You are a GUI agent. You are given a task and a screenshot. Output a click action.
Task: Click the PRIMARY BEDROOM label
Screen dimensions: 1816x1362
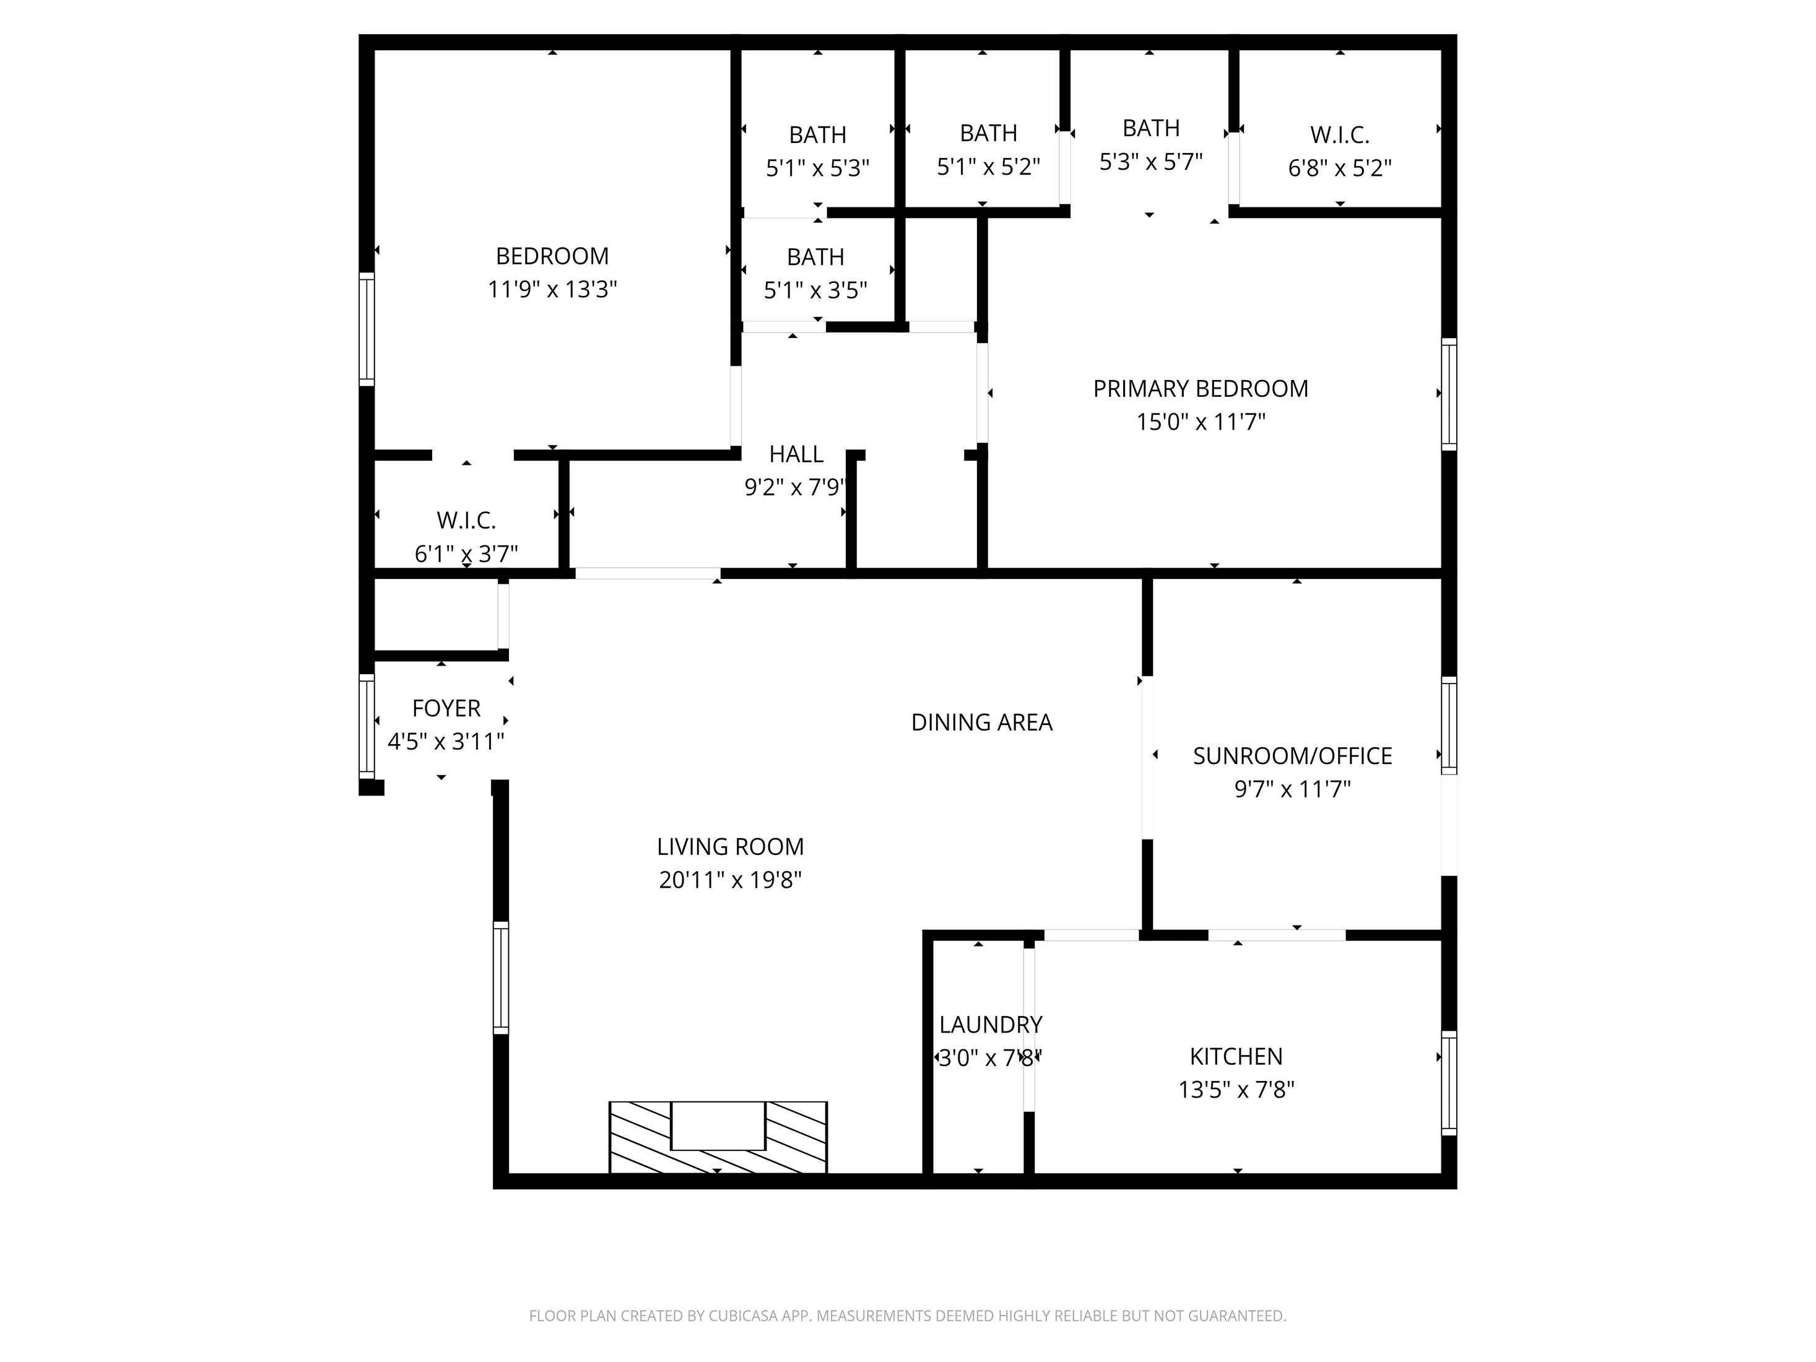(1201, 388)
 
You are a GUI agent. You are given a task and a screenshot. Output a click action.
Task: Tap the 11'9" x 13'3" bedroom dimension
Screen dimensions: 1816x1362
(552, 290)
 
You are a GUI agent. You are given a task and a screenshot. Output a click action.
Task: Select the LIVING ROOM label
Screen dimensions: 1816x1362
(730, 846)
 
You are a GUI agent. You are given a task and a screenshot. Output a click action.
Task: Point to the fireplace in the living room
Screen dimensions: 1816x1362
(718, 1137)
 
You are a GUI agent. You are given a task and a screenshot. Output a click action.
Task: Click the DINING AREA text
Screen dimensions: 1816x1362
(982, 722)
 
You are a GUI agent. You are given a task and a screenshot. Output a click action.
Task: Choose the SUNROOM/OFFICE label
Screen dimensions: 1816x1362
(1292, 756)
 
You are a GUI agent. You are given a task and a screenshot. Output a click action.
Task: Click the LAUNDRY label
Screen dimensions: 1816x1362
(991, 1025)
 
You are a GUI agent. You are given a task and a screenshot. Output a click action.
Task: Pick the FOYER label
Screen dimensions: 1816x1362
(446, 708)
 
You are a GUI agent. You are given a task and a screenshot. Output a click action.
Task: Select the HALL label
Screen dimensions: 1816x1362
(796, 454)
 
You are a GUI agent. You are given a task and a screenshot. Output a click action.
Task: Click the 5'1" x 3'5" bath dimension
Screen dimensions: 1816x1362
(815, 290)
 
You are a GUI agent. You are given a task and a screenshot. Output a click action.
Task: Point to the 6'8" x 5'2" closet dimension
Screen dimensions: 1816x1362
(1340, 168)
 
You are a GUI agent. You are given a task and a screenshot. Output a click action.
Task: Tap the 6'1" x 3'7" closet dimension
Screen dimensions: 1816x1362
(466, 554)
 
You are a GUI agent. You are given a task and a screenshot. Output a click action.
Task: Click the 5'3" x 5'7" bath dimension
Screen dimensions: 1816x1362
(1151, 162)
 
